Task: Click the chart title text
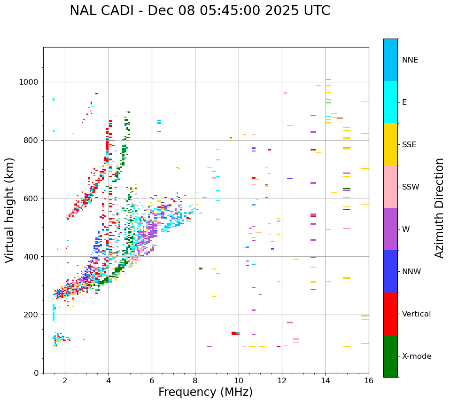tap(200, 11)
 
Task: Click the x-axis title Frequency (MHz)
tap(205, 392)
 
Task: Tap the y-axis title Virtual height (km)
tap(10, 210)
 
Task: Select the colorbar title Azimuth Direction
tap(439, 208)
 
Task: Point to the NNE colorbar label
tap(410, 60)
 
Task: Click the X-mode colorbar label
tap(417, 356)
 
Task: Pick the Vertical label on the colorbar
tap(416, 314)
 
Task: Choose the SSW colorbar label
tap(411, 187)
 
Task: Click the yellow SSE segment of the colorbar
tap(390, 144)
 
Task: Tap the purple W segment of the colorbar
tap(390, 229)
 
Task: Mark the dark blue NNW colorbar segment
tap(390, 271)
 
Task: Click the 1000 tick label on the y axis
tap(29, 82)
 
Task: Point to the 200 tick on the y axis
tap(32, 315)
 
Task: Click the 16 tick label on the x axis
tap(369, 380)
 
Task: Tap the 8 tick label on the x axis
tap(195, 380)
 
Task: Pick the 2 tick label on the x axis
tap(65, 380)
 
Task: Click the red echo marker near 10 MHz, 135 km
tap(234, 333)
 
